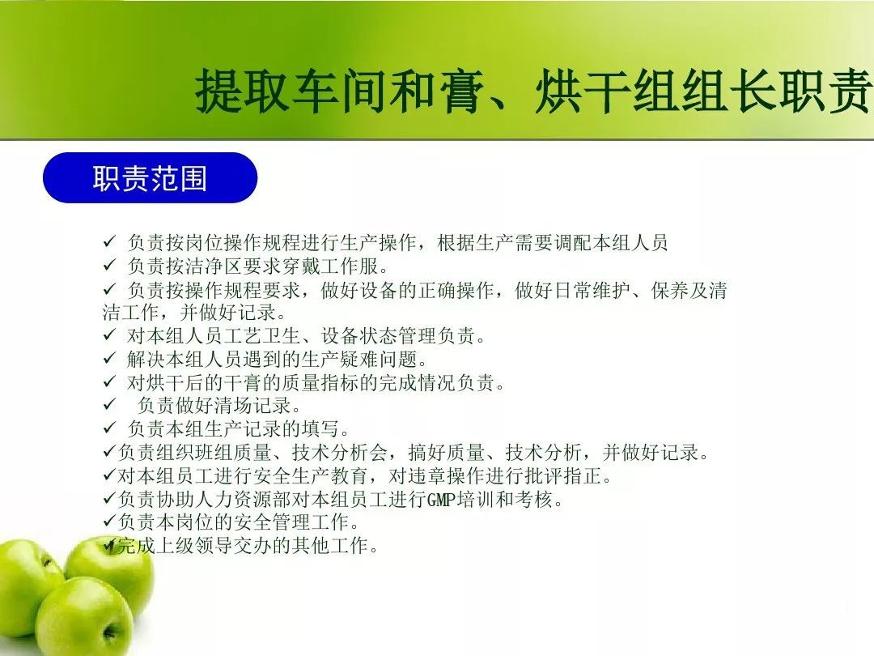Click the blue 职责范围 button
(x=150, y=177)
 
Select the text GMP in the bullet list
(x=442, y=499)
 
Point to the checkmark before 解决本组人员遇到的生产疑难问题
(x=109, y=358)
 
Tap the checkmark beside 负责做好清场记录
(x=109, y=404)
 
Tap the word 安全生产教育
(x=310, y=475)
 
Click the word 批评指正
(x=563, y=475)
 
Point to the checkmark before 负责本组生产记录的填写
(x=109, y=428)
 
